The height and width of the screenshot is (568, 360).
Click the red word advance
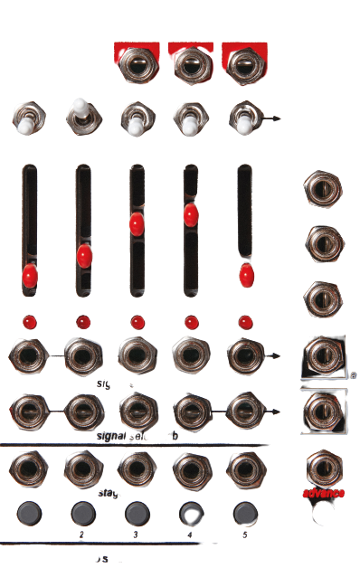tap(324, 493)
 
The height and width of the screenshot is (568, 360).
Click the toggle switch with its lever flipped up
tap(82, 114)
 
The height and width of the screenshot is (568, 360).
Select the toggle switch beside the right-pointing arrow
tap(244, 118)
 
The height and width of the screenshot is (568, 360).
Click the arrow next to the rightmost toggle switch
tap(271, 118)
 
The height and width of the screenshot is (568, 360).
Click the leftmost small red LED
tap(29, 322)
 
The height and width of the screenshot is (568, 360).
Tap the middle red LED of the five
tap(137, 322)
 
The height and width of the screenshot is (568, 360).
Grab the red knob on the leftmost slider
tap(30, 275)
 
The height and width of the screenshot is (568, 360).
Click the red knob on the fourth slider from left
tap(191, 215)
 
